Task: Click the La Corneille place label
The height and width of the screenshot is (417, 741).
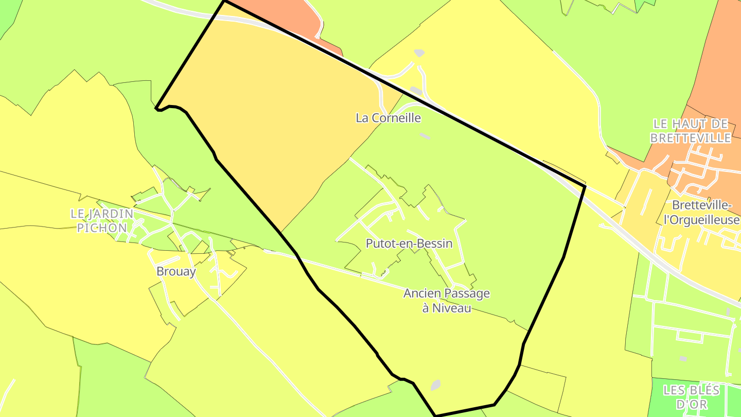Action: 389,118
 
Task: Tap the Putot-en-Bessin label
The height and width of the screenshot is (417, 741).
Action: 409,244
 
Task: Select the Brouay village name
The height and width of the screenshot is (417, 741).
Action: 176,271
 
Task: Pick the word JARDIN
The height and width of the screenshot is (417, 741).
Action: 110,213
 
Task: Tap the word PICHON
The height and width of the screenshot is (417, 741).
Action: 102,227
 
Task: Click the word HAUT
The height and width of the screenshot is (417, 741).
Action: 690,124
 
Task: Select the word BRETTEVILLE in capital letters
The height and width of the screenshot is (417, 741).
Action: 691,138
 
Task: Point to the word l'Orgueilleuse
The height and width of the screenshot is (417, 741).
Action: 701,220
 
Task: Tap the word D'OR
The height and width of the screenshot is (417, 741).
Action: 691,405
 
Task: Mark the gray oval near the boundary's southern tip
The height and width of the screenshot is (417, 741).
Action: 435,385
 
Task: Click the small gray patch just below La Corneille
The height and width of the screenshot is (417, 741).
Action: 425,136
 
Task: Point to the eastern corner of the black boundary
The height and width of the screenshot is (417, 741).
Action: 585,186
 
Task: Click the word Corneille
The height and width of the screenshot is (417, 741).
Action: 396,118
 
